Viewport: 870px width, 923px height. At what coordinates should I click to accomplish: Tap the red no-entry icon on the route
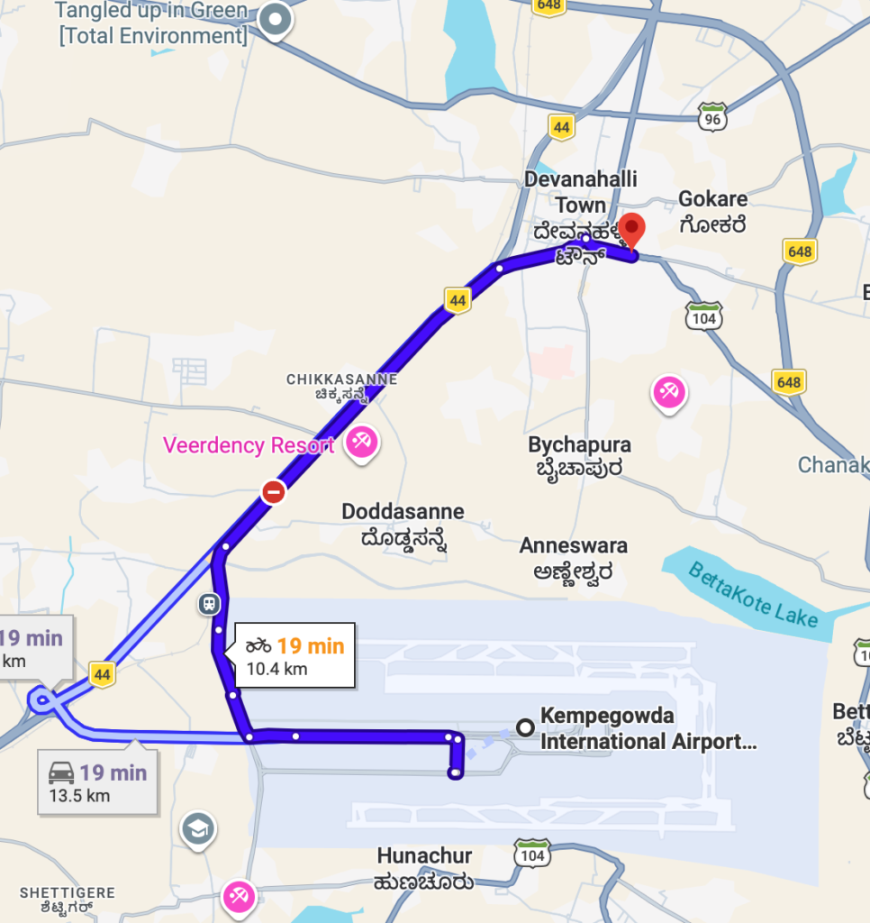click(274, 492)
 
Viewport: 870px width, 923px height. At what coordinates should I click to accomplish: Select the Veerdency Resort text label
click(249, 445)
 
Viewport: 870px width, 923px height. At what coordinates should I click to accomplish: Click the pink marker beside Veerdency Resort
click(362, 442)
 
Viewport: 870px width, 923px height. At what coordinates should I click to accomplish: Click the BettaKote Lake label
click(753, 595)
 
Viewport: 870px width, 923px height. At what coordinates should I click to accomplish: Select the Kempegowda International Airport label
click(648, 730)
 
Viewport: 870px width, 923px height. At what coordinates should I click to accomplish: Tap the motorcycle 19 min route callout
click(295, 655)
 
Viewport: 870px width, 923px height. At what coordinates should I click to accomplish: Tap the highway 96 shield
click(712, 115)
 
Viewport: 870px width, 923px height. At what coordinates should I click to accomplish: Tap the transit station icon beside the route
click(208, 603)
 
